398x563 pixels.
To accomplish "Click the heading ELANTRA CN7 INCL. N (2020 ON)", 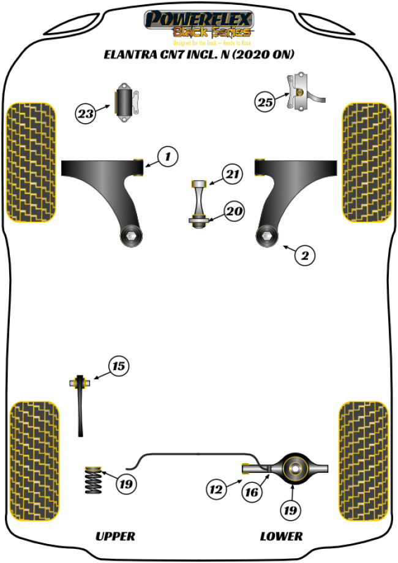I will pyautogui.click(x=198, y=55).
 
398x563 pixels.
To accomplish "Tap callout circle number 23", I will pyautogui.click(x=86, y=113).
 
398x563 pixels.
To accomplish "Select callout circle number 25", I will pyautogui.click(x=265, y=102).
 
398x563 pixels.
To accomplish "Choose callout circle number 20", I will pyautogui.click(x=233, y=213).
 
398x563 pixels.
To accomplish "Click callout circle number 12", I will pyautogui.click(x=215, y=489).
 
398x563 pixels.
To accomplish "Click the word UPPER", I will pyautogui.click(x=115, y=536).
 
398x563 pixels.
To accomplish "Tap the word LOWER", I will pyautogui.click(x=281, y=536).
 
